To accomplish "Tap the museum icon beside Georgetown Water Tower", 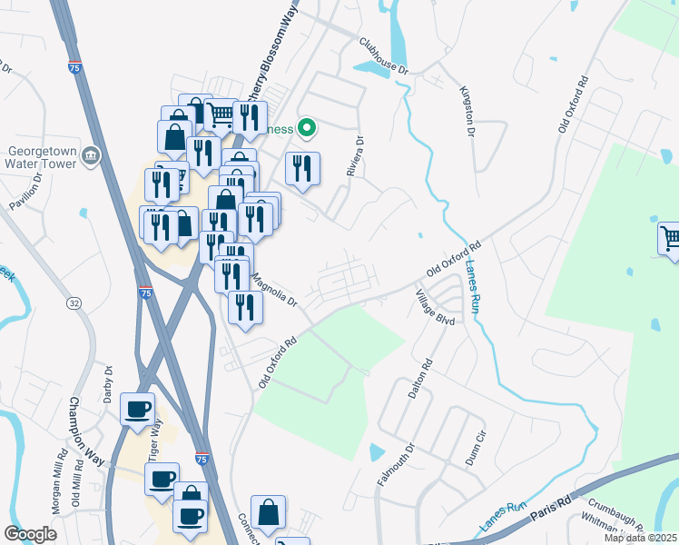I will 90,157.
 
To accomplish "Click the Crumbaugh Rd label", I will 616,504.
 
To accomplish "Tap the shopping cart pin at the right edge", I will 670,239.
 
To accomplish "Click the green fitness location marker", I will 307,128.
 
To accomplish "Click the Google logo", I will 31,534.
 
